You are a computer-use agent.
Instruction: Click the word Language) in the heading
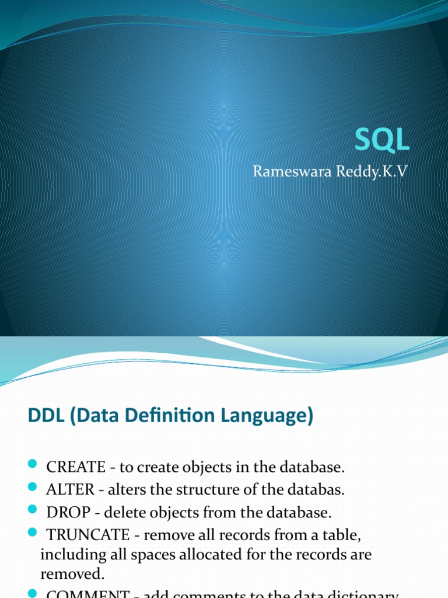(271, 416)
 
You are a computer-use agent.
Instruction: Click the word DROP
(66, 513)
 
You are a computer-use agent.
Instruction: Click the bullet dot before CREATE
(32, 465)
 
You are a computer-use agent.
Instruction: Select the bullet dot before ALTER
(32, 488)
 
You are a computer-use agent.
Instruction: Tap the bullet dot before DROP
(32, 511)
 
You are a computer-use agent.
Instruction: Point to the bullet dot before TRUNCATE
(32, 534)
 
